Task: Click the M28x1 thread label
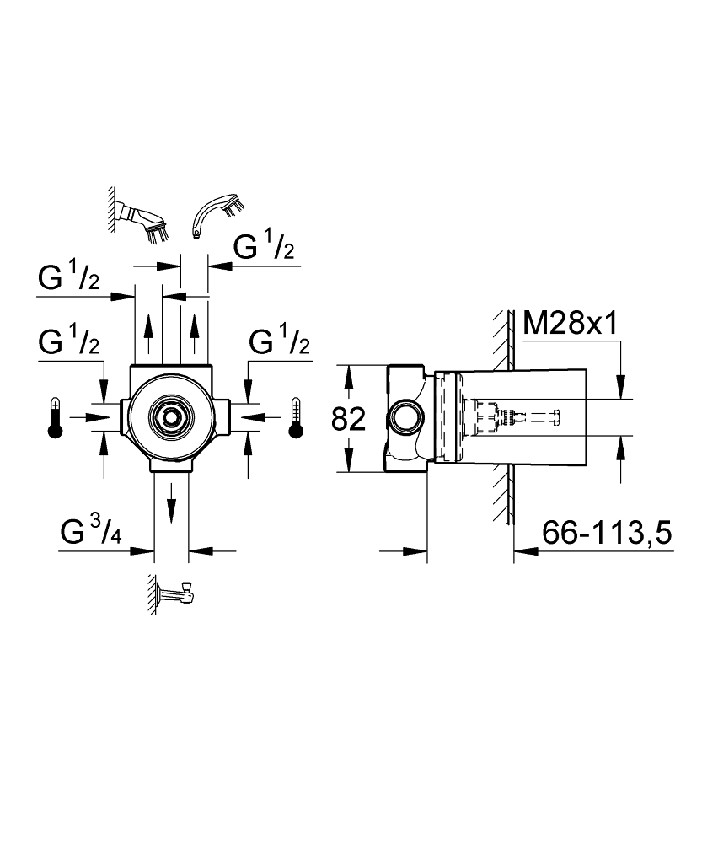tap(571, 324)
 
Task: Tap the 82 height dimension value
tap(348, 419)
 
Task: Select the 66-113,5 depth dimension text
tap(607, 533)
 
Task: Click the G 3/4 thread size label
tap(91, 532)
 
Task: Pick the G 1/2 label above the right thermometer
tap(280, 341)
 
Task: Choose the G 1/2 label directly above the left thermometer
tap(69, 341)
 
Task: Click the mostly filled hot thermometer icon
tap(55, 418)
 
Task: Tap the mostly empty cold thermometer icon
tap(295, 418)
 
